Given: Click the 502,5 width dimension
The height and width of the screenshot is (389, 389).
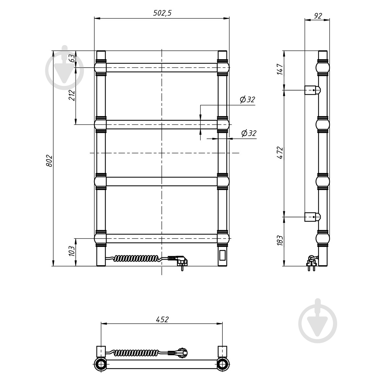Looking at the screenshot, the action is pos(162,13).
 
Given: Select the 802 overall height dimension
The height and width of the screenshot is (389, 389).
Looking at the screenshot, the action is pos(49,161).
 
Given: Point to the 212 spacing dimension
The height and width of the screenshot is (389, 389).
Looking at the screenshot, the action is pos(72,95).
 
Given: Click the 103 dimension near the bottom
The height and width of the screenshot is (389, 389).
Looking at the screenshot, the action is pos(72,251).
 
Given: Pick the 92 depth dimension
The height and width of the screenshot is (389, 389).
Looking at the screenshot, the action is pos(318,16).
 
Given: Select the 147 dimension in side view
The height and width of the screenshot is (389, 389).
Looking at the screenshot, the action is pos(280,69).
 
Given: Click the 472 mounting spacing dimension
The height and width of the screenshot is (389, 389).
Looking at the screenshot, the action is pos(280,153).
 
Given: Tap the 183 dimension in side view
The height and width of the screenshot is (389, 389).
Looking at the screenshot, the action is pos(280,241).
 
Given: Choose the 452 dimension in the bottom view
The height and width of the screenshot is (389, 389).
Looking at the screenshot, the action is pos(162,320).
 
